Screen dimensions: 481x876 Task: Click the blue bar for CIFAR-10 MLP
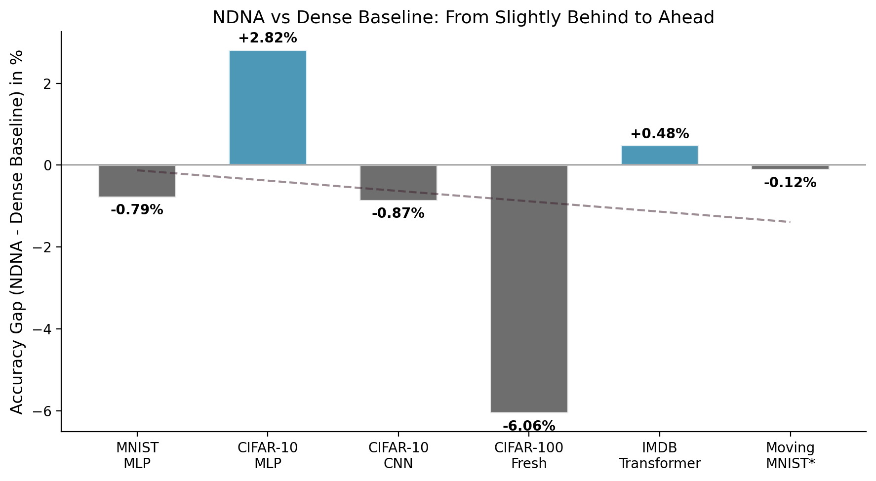point(268,107)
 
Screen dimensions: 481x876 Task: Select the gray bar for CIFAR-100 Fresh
point(529,288)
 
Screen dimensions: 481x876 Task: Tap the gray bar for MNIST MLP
point(137,181)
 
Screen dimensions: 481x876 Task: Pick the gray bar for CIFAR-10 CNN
point(398,183)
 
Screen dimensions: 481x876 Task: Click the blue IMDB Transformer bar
point(659,155)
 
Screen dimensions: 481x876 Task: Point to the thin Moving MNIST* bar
point(790,167)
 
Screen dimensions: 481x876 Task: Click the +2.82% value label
point(268,38)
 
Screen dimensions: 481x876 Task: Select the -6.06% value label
point(529,426)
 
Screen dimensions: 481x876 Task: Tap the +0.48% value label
point(659,134)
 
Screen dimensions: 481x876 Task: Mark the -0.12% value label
point(790,183)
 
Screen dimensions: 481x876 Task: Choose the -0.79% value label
point(137,210)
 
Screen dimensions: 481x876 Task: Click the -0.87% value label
point(398,214)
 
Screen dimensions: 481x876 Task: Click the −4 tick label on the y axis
point(44,329)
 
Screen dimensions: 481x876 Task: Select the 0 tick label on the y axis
point(49,165)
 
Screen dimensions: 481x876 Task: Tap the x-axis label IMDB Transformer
point(659,456)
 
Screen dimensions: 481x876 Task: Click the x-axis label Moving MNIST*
point(790,456)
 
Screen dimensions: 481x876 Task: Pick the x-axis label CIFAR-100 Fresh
point(529,456)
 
